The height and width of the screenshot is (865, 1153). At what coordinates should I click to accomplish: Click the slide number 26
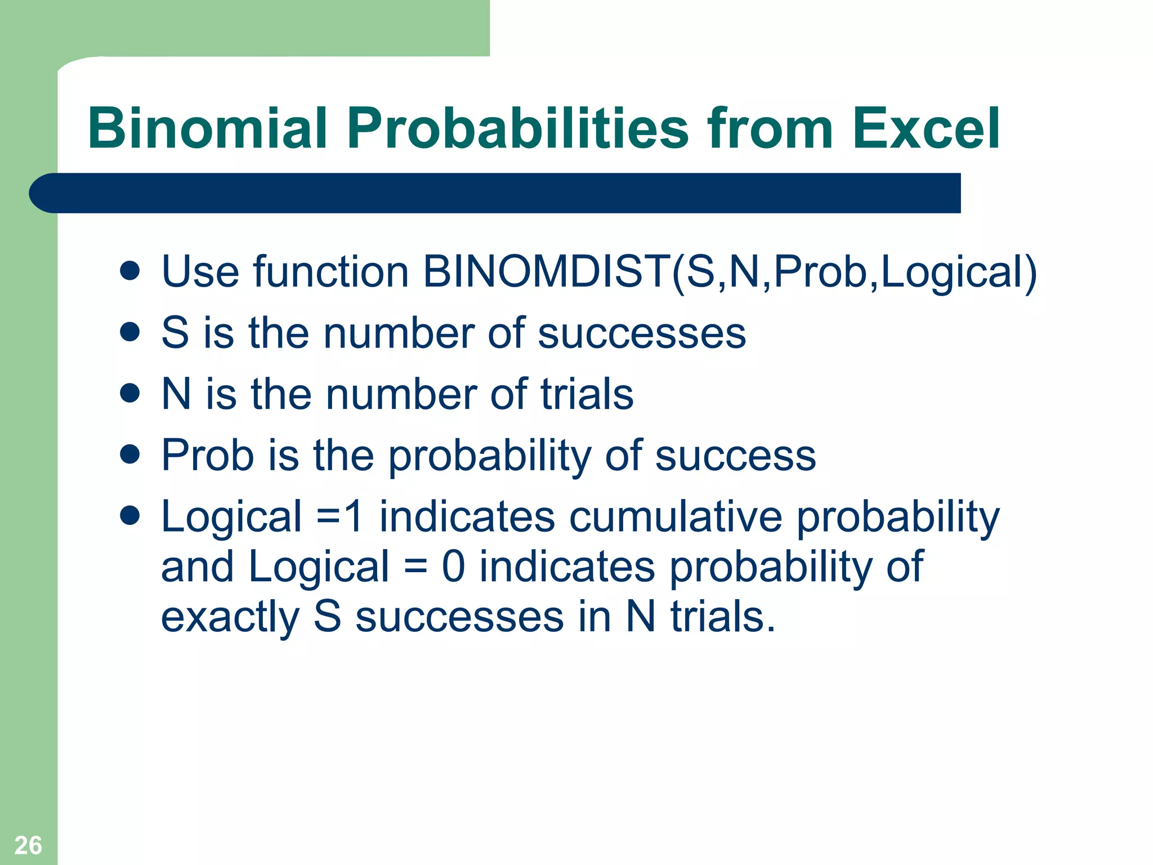(28, 845)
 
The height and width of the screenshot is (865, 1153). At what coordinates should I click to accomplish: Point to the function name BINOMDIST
(546, 272)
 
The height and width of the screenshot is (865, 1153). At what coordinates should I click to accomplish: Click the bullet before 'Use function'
(130, 270)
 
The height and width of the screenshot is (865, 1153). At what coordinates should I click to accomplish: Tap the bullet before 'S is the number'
(130, 332)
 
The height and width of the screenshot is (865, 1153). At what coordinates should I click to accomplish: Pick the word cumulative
(676, 516)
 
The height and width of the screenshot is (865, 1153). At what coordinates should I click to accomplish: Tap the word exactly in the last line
(230, 617)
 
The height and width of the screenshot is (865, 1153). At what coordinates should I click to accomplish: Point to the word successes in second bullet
(642, 333)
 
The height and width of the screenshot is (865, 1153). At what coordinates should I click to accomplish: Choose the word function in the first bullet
(331, 272)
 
